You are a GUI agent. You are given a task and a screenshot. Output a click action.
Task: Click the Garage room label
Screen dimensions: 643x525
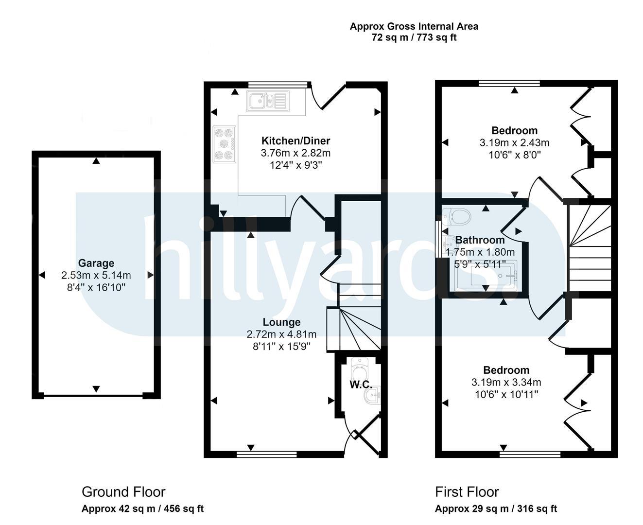point(96,263)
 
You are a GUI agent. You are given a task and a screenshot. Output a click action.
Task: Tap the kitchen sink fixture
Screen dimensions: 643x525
point(268,101)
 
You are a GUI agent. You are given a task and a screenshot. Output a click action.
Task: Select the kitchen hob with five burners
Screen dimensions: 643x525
point(225,144)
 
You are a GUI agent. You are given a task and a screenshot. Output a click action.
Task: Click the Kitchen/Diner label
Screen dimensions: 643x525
point(295,140)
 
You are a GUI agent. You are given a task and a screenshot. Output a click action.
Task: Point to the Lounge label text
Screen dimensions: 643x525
point(281,322)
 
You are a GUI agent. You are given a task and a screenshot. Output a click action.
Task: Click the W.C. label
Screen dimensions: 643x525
point(361,385)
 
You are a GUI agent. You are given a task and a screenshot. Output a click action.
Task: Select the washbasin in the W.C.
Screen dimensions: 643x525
point(373,395)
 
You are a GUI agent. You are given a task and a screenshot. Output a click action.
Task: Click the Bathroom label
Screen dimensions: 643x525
point(480,240)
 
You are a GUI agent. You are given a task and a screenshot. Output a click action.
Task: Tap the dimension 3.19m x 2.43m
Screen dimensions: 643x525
point(514,143)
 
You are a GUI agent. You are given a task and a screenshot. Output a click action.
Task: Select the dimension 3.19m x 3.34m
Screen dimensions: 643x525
point(506,382)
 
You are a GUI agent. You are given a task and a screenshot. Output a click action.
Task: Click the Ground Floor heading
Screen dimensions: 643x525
point(123,492)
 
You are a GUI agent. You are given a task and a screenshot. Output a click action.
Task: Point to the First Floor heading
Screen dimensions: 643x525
point(467,492)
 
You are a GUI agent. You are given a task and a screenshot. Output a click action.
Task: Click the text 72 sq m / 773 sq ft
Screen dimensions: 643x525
point(414,37)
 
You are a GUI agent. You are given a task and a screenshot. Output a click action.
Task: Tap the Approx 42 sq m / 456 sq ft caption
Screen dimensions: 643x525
point(142,509)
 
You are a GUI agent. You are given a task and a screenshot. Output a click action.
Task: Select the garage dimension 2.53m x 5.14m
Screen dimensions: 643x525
point(96,275)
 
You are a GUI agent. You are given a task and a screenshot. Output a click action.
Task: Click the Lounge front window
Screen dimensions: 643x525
point(266,455)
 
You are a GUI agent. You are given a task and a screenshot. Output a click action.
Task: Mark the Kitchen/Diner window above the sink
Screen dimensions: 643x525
point(278,85)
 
